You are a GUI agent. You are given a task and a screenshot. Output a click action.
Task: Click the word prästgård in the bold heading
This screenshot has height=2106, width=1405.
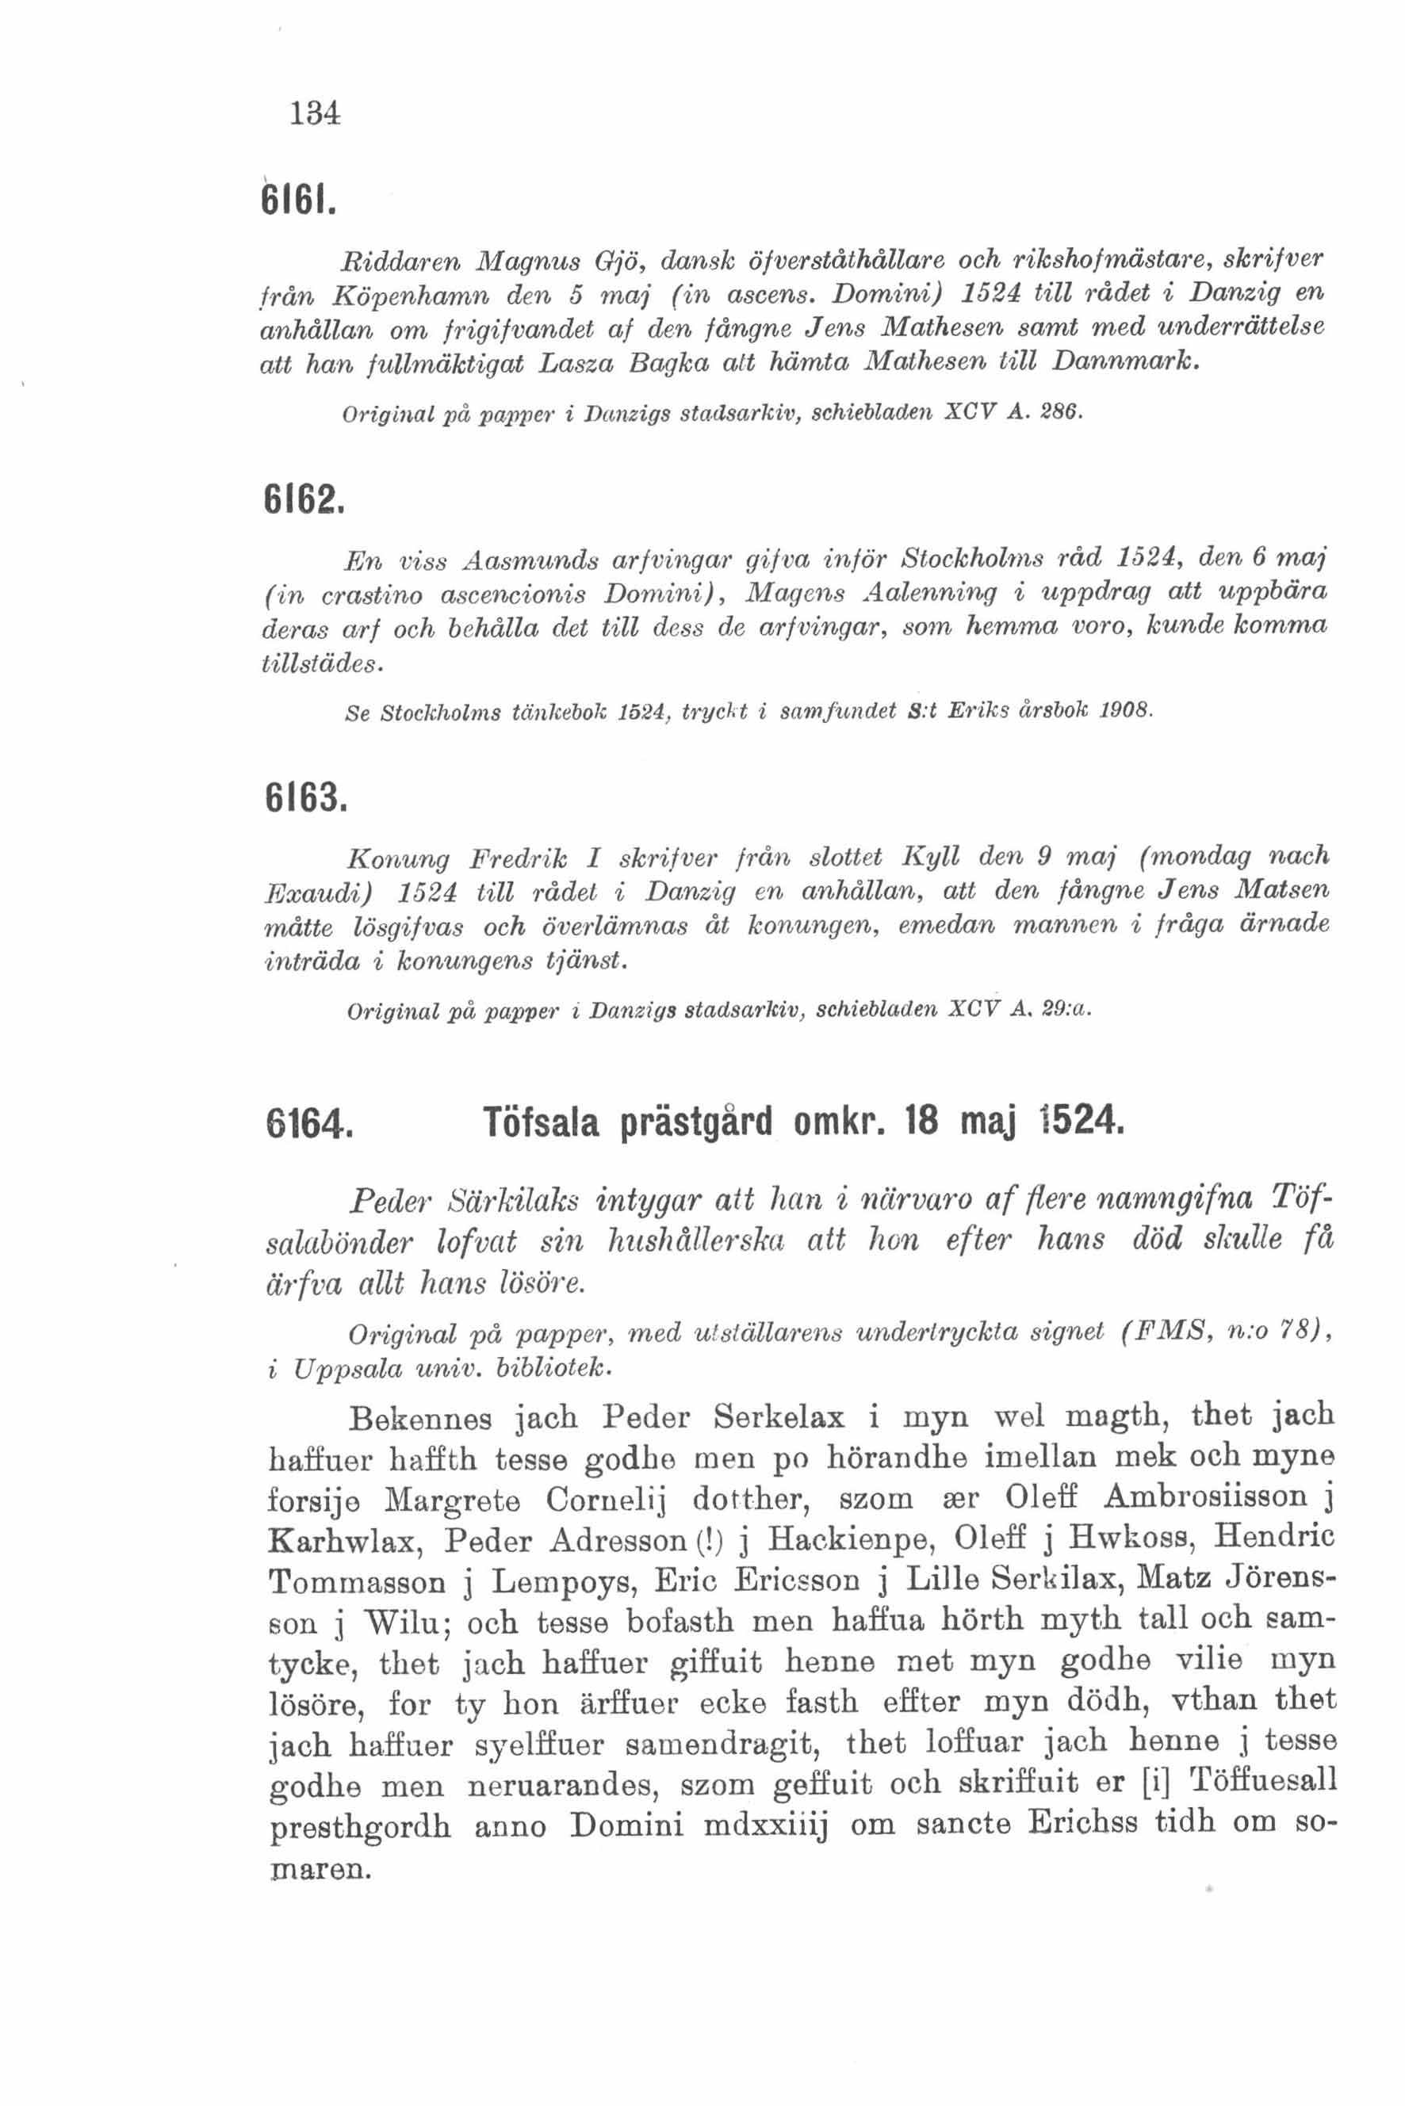pyautogui.click(x=697, y=1122)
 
